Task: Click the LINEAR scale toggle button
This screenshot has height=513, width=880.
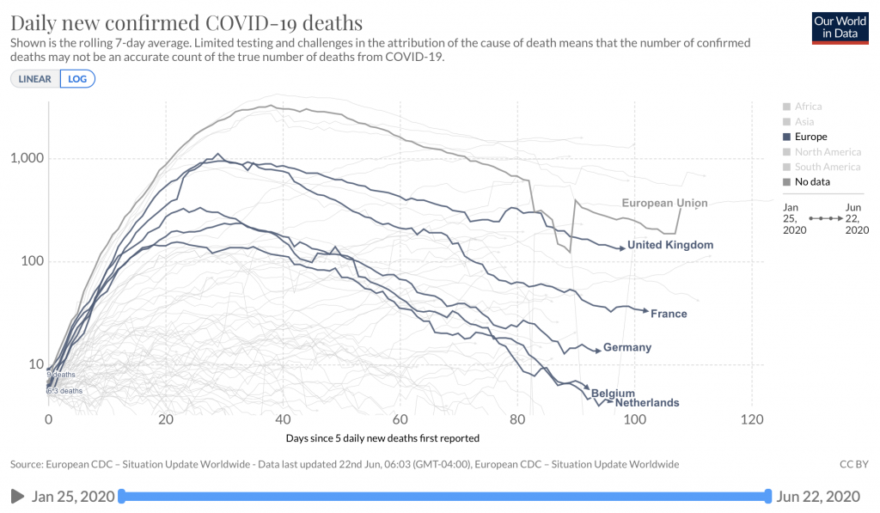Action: pyautogui.click(x=35, y=78)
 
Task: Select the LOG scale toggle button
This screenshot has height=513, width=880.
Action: pyautogui.click(x=77, y=78)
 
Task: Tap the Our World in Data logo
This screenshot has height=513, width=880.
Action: pyautogui.click(x=840, y=28)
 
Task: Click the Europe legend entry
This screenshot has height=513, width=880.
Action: pyautogui.click(x=810, y=137)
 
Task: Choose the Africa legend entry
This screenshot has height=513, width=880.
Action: pyautogui.click(x=808, y=107)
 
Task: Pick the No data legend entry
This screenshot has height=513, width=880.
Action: pyautogui.click(x=812, y=181)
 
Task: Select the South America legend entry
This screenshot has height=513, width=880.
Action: pyautogui.click(x=828, y=167)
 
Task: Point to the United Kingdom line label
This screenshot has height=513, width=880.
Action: pyautogui.click(x=670, y=245)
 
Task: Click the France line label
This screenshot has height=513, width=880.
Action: pyautogui.click(x=669, y=314)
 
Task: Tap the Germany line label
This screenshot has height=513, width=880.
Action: pyautogui.click(x=627, y=348)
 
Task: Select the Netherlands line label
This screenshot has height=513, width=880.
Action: pyautogui.click(x=647, y=403)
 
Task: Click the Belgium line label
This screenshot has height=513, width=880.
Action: pyautogui.click(x=613, y=394)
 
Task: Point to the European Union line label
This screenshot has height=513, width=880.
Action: pyautogui.click(x=664, y=204)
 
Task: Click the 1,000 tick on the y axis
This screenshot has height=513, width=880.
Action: pyautogui.click(x=27, y=159)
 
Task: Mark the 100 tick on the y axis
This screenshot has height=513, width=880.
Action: pyautogui.click(x=32, y=262)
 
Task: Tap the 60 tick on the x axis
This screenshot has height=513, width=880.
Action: pyautogui.click(x=400, y=420)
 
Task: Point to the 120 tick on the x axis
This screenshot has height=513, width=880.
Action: pyautogui.click(x=752, y=420)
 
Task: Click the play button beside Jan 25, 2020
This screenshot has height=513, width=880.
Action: pyautogui.click(x=17, y=496)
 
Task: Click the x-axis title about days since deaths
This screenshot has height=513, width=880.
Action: pyautogui.click(x=382, y=438)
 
